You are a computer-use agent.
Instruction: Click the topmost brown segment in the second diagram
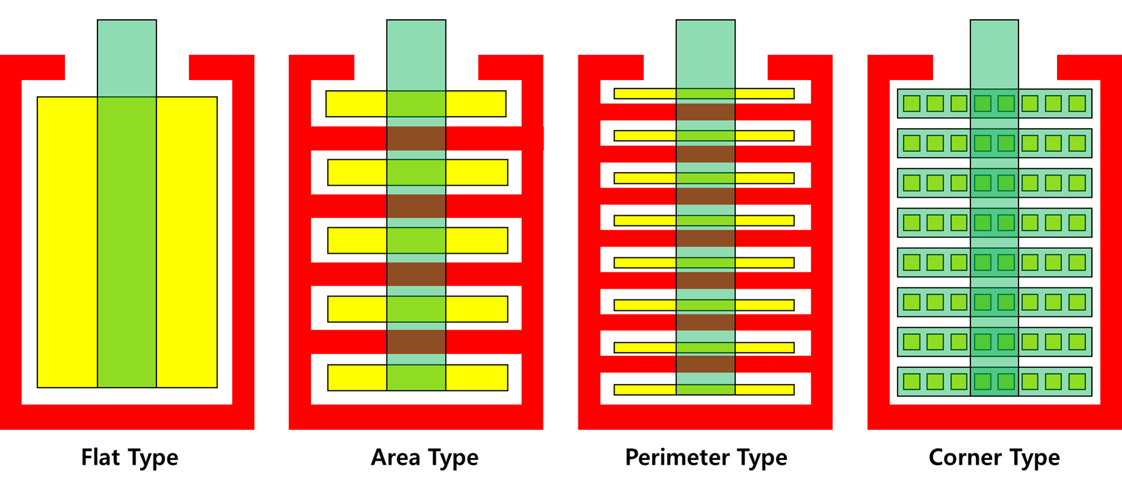[416, 138]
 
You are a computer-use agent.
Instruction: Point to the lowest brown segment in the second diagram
[416, 342]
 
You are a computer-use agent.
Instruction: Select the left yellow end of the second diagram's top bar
[356, 104]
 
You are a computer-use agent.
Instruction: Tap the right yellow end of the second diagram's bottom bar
[476, 378]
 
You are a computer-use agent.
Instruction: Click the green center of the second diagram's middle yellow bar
[416, 240]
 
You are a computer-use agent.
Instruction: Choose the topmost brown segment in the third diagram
[705, 112]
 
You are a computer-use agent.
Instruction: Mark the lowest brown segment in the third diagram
[705, 364]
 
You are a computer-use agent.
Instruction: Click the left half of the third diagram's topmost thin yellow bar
[645, 94]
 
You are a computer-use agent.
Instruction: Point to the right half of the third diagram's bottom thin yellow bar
[764, 390]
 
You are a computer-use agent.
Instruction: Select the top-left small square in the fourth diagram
[912, 103]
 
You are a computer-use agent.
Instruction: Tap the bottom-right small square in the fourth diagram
[1077, 381]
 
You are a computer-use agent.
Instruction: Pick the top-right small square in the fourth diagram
[1077, 103]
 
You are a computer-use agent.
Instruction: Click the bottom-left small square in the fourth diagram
[912, 381]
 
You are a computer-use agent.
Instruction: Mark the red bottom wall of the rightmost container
[995, 417]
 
